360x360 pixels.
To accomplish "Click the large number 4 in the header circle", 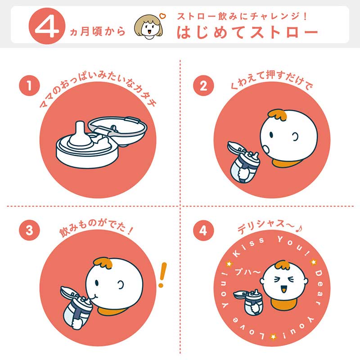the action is tap(47, 27).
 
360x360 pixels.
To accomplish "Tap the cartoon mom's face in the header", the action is tap(148, 27).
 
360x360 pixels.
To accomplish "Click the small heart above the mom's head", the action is tap(162, 16).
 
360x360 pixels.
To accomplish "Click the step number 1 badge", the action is tap(29, 85).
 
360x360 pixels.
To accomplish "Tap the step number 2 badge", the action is tap(203, 85).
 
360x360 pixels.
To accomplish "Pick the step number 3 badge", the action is tap(29, 230).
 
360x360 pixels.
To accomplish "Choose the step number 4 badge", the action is tap(203, 230).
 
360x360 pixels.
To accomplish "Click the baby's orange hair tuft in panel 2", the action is tap(278, 115).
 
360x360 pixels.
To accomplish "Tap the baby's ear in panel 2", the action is tap(295, 137).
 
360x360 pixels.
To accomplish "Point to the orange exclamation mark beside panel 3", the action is tap(162, 274).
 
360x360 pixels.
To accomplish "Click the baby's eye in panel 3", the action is tap(96, 283).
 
